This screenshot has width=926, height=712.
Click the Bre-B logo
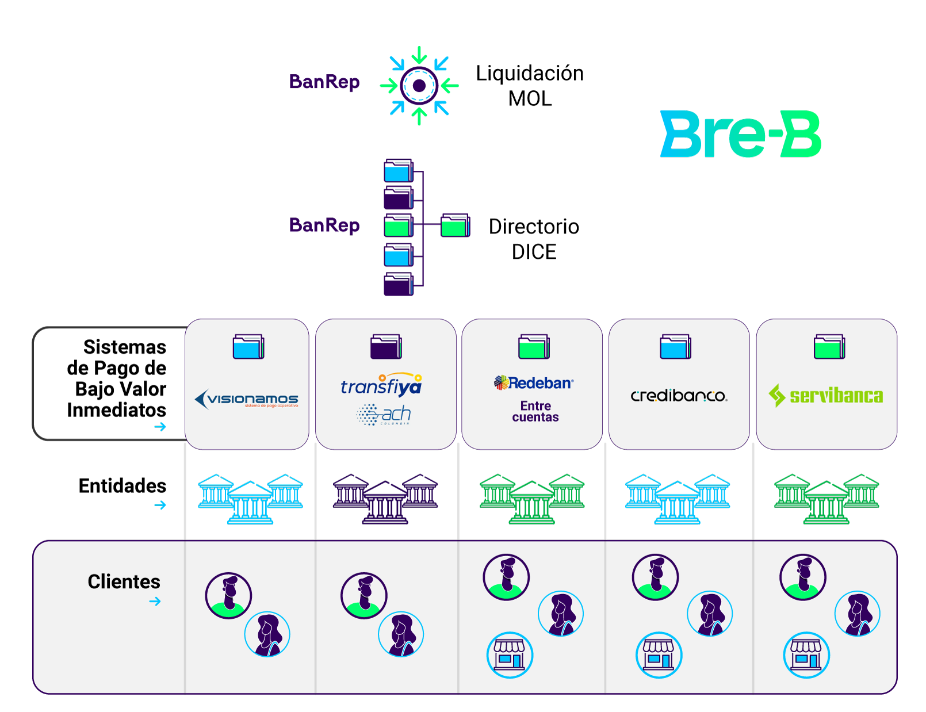(741, 135)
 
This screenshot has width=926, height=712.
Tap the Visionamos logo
(247, 399)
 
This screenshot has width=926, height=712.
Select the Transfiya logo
(381, 385)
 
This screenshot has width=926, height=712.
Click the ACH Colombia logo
(384, 414)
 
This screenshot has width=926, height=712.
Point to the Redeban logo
(534, 383)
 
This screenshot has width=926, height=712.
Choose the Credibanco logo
(679, 396)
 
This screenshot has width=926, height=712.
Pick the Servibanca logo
(826, 396)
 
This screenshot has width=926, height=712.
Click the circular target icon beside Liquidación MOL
(419, 86)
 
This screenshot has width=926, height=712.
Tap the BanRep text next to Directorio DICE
(324, 225)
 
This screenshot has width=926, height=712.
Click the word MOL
(530, 99)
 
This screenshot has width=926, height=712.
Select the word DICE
(534, 252)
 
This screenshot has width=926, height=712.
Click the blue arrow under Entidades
(160, 506)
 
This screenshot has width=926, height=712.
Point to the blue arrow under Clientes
(155, 602)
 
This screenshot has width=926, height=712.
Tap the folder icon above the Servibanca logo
(829, 347)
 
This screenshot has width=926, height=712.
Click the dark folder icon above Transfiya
(386, 347)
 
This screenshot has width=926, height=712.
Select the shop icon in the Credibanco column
(659, 655)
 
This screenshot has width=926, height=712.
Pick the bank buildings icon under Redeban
(532, 498)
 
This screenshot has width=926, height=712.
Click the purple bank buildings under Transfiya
(385, 498)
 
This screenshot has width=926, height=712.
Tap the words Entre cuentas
(535, 412)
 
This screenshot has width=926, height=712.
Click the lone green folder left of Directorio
(456, 225)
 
